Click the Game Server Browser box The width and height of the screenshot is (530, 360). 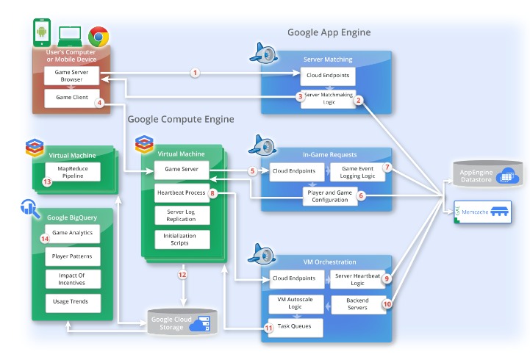(x=72, y=75)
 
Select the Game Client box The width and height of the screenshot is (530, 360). (x=72, y=98)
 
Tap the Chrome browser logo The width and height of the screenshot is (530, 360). (x=99, y=37)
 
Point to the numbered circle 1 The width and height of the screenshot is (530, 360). (x=195, y=73)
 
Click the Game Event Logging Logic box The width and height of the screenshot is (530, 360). (x=357, y=172)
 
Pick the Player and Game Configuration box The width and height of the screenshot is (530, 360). (x=331, y=196)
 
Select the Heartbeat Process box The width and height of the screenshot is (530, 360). (x=182, y=194)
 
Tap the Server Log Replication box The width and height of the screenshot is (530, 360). (x=182, y=215)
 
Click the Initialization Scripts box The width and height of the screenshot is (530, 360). (x=182, y=240)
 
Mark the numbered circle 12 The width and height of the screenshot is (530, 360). (x=182, y=275)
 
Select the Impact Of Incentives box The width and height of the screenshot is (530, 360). (x=72, y=279)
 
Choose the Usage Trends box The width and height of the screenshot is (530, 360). (x=72, y=302)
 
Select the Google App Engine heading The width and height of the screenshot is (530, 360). (x=329, y=32)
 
